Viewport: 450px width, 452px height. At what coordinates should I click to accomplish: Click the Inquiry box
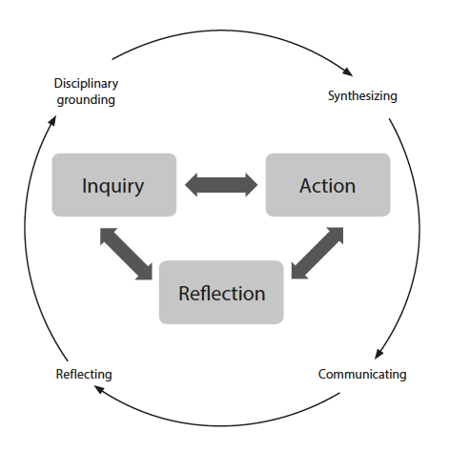point(114,185)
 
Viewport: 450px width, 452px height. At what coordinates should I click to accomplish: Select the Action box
point(328,185)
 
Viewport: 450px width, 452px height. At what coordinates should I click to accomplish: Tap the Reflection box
point(221,293)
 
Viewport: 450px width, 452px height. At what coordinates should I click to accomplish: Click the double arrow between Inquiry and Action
point(221,185)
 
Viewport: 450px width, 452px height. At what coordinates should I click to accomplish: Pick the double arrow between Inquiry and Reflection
point(126,254)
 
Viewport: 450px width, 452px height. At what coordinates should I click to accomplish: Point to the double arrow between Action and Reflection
point(317,253)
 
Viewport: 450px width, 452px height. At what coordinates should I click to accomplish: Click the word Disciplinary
point(86,84)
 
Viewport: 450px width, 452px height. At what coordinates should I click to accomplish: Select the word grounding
point(86,100)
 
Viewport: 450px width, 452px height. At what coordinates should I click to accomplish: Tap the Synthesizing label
point(362,96)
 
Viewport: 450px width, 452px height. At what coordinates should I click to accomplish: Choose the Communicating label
point(362,374)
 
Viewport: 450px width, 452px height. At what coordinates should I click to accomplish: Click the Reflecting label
point(84,374)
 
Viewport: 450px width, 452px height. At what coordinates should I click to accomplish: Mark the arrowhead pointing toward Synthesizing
point(348,72)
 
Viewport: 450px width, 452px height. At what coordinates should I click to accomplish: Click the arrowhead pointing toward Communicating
point(378,354)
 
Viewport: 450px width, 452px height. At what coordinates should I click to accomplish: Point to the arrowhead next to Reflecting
point(99,389)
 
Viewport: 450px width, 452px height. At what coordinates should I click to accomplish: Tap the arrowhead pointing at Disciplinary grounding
point(52,120)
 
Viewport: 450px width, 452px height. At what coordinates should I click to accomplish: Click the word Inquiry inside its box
point(112,186)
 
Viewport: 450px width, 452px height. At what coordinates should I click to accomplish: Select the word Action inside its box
point(327,186)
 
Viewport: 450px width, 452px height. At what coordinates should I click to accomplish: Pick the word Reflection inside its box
point(222,293)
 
